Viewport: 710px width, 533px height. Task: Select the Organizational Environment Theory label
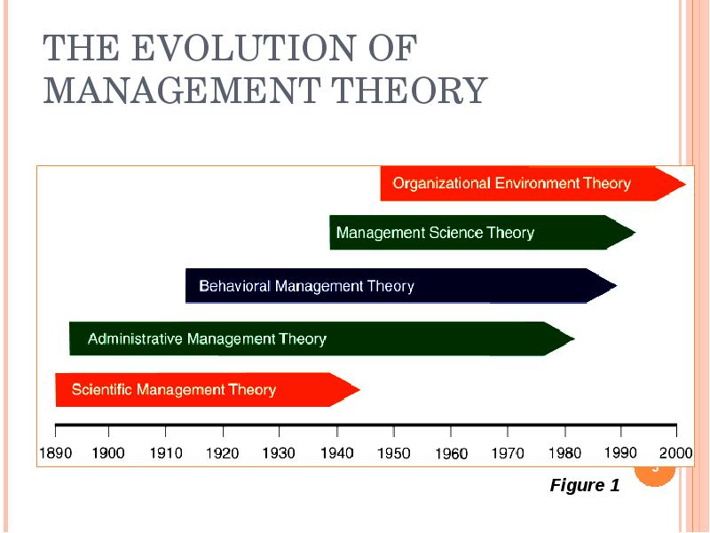(x=511, y=184)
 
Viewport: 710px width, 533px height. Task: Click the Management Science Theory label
(x=435, y=233)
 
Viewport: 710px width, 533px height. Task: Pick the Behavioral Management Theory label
(x=306, y=286)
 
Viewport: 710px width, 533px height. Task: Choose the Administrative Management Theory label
(x=207, y=338)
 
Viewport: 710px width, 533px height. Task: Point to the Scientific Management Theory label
(x=174, y=389)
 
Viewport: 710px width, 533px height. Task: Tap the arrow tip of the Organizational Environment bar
(x=682, y=184)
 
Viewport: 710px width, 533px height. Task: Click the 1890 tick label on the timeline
(x=55, y=453)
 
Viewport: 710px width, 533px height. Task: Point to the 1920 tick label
(x=222, y=453)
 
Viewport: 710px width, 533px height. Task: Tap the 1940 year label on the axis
(x=336, y=453)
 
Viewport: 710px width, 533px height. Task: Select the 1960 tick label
(x=451, y=454)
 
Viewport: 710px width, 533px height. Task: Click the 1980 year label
(x=564, y=453)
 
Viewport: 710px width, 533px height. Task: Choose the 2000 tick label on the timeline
(x=676, y=453)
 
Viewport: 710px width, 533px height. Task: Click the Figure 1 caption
(x=584, y=485)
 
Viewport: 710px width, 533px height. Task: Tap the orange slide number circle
(x=656, y=469)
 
